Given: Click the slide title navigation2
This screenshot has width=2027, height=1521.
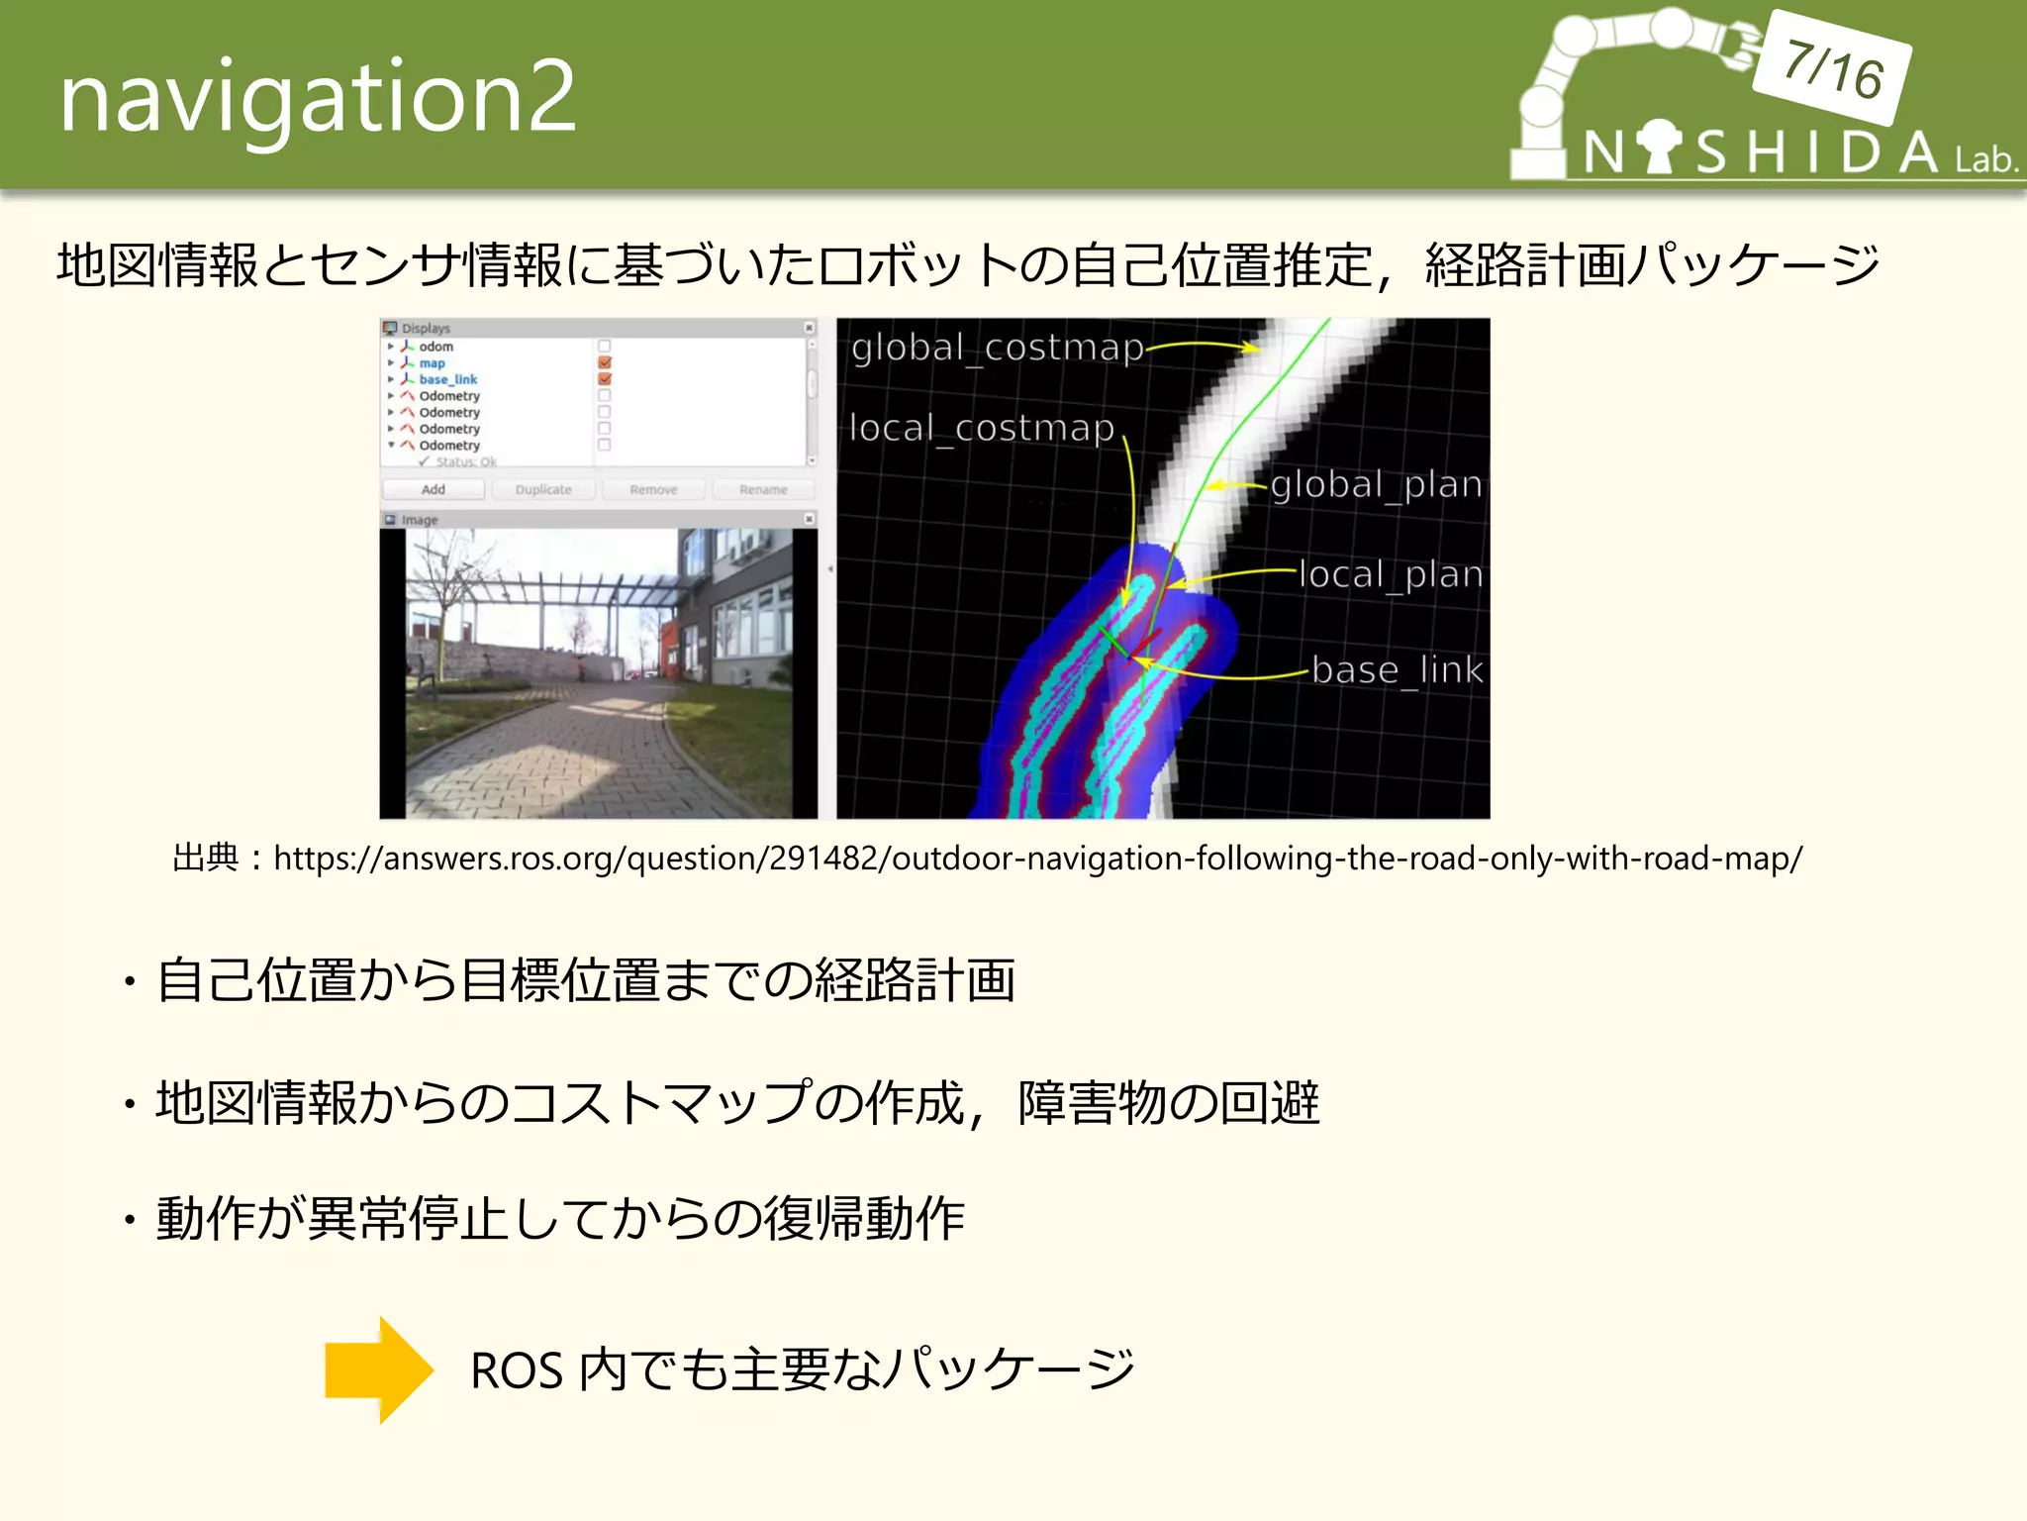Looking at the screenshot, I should [x=317, y=97].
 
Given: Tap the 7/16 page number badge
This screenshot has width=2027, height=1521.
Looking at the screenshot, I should [x=1833, y=68].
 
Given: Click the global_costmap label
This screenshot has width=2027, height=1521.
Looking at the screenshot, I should [x=997, y=348].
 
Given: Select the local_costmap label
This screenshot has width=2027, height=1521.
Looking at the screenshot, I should [x=982, y=428].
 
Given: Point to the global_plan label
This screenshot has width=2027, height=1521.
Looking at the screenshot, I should [x=1376, y=485].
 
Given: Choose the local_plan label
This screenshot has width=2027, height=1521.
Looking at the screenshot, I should [x=1390, y=574].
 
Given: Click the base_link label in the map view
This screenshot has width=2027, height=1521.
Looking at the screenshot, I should [x=1397, y=670].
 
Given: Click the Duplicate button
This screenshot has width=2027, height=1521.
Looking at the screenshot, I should [x=543, y=489].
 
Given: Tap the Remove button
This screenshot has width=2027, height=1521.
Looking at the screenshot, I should [x=653, y=489].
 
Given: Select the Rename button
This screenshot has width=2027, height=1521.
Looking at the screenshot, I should [x=763, y=489].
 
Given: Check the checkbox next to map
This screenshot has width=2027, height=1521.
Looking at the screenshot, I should [x=605, y=363].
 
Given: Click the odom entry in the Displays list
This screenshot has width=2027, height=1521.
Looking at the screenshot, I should [x=435, y=347].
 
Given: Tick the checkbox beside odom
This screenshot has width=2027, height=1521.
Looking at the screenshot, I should [x=605, y=347].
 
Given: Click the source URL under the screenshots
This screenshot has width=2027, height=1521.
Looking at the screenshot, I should [x=1037, y=858].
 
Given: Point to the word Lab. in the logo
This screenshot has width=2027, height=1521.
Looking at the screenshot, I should [x=1985, y=159].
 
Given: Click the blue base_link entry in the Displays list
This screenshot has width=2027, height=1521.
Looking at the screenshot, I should [x=447, y=379].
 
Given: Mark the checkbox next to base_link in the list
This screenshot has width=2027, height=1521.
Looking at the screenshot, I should [x=605, y=379].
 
